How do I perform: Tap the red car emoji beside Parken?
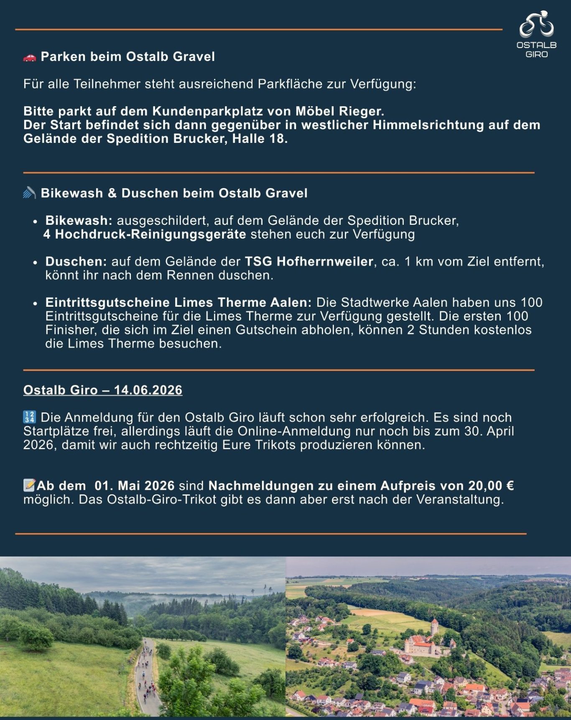(x=30, y=57)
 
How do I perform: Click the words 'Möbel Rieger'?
(x=339, y=111)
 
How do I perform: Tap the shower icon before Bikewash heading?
(x=29, y=193)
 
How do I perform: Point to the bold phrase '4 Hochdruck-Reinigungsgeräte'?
(x=145, y=234)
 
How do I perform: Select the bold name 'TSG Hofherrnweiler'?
(x=309, y=262)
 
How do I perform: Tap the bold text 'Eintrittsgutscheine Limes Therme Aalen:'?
(x=178, y=303)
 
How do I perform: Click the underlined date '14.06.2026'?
(x=148, y=390)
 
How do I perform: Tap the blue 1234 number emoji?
(x=30, y=417)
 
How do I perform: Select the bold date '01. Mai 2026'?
(x=134, y=486)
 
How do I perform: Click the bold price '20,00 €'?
(x=491, y=486)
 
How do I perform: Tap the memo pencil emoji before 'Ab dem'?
(x=29, y=486)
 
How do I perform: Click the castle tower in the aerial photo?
(x=435, y=627)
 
